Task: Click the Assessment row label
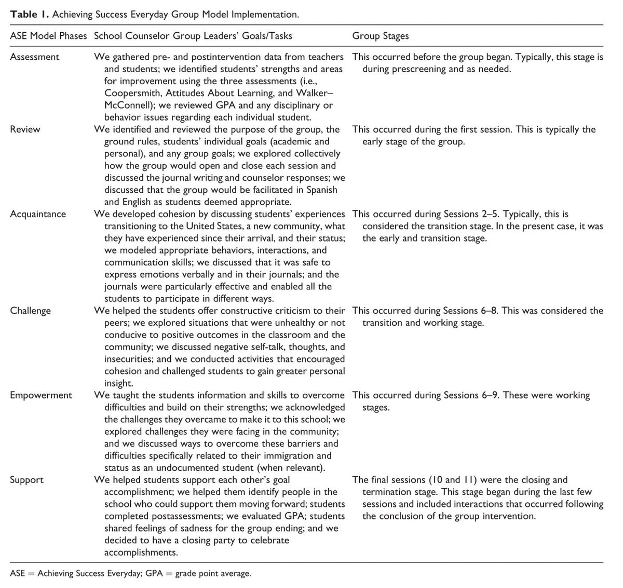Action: pos(35,57)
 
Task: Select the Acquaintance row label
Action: pos(38,213)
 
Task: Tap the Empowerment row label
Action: pos(41,395)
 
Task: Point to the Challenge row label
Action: pos(31,311)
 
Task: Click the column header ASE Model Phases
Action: pos(48,36)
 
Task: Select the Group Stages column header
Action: pos(381,36)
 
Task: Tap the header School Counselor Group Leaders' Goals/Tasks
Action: pos(193,36)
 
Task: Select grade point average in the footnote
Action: pos(213,574)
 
